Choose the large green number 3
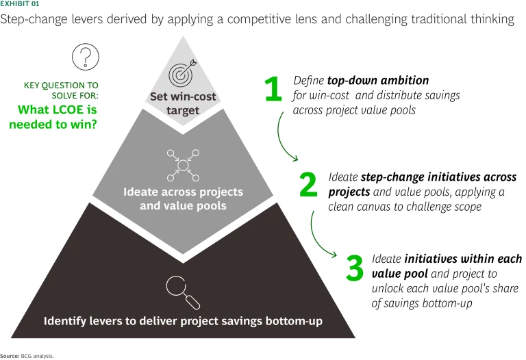click(x=354, y=268)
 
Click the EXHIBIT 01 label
click(x=19, y=5)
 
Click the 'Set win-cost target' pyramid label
click(x=182, y=103)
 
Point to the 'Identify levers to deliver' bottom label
click(x=182, y=320)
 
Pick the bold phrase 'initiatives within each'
click(x=463, y=259)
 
